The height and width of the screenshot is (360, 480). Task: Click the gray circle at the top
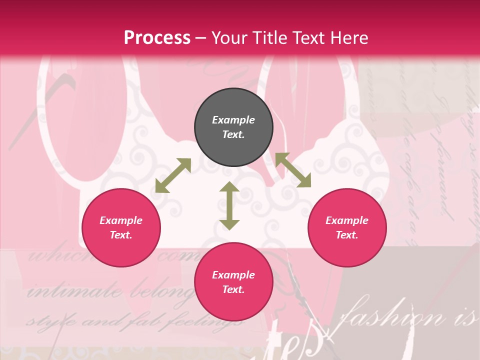[x=233, y=127]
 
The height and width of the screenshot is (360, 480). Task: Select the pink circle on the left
[x=121, y=228]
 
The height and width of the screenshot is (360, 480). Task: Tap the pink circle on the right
[x=347, y=228]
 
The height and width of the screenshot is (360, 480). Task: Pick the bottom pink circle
[x=233, y=282]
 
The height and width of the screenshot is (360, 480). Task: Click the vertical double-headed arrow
[x=229, y=205]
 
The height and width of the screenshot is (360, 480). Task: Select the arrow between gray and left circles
[x=173, y=175]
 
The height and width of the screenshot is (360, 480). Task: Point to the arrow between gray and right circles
[x=293, y=170]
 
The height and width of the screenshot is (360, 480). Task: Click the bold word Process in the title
[x=157, y=37]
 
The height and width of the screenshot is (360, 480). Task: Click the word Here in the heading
[x=350, y=37]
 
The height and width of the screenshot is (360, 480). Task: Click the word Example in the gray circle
[x=233, y=120]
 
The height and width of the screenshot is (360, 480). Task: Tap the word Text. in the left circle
[x=121, y=235]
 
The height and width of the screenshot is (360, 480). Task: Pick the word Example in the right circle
[x=347, y=220]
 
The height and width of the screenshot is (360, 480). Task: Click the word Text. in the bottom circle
[x=233, y=289]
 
